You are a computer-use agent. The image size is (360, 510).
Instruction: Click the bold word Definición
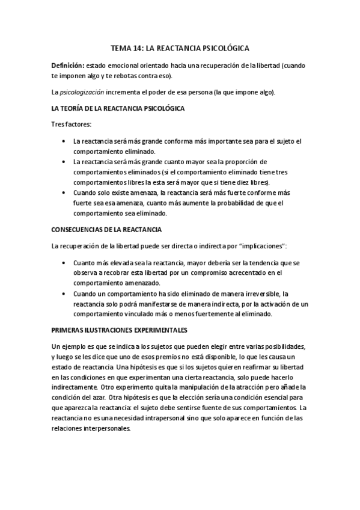(x=67, y=65)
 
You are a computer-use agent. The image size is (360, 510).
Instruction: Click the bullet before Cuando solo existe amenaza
(x=64, y=192)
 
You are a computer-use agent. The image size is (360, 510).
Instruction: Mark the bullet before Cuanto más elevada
(x=64, y=263)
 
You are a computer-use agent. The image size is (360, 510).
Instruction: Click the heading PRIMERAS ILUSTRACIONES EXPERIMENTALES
(x=120, y=331)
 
